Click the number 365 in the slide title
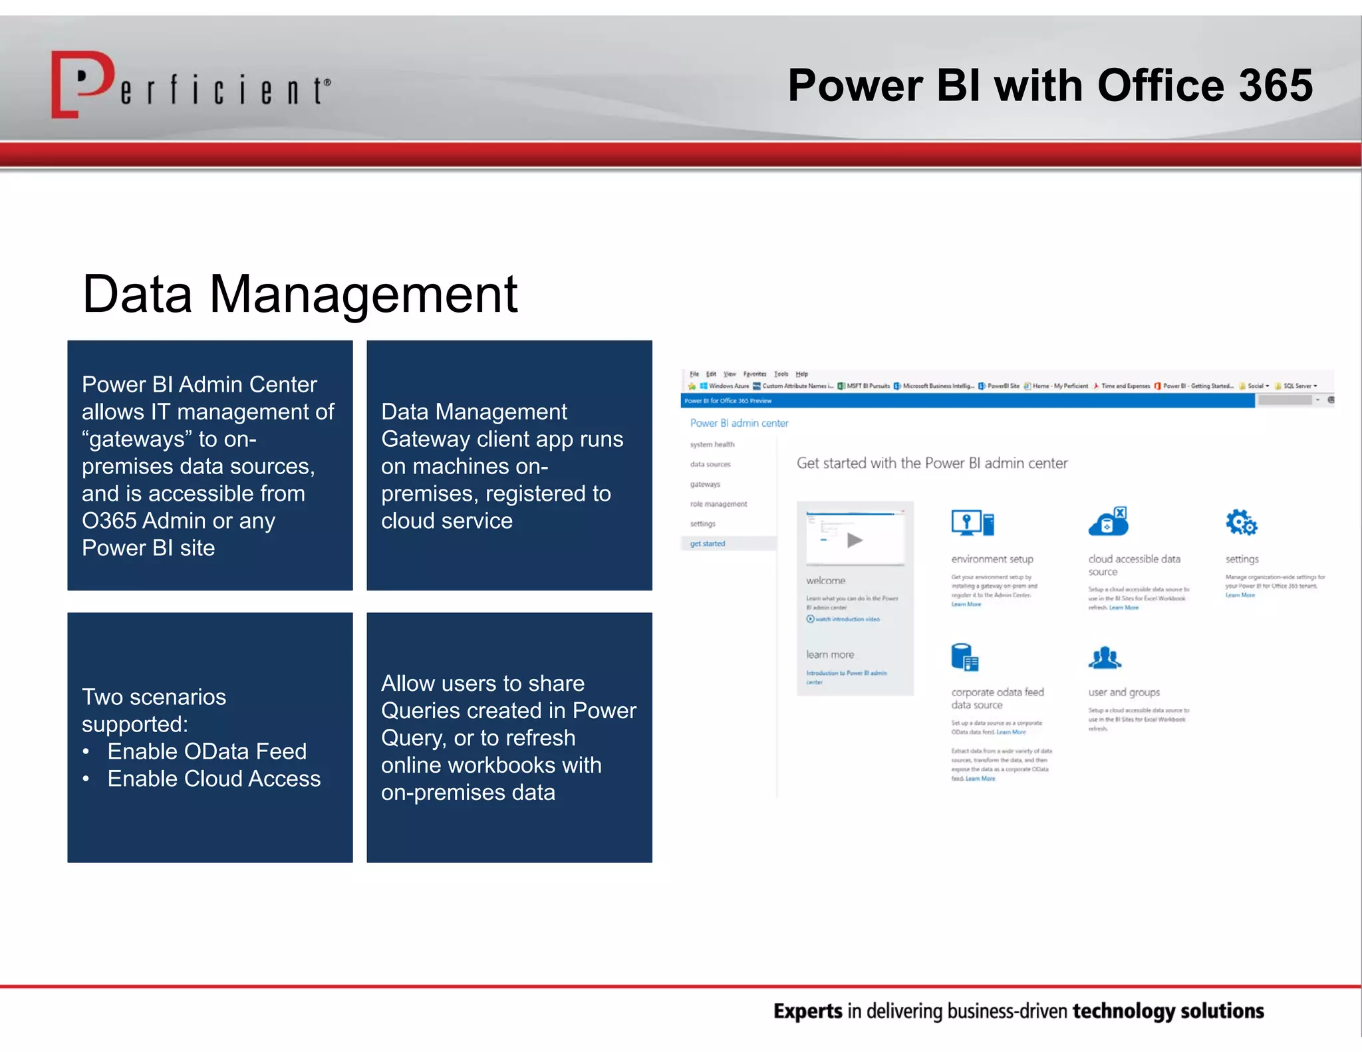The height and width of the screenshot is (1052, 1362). [x=1275, y=86]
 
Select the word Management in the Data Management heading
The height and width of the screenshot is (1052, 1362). [x=363, y=294]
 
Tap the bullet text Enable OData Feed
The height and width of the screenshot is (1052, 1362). [x=207, y=751]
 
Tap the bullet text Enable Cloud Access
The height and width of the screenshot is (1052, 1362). [x=213, y=779]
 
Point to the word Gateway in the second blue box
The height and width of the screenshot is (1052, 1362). [x=426, y=440]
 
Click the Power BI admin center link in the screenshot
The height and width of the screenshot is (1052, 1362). [x=739, y=423]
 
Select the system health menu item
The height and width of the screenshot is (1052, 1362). [x=712, y=444]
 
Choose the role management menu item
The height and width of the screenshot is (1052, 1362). [x=718, y=504]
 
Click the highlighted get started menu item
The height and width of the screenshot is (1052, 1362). [x=708, y=544]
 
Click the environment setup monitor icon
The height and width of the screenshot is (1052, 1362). [x=972, y=523]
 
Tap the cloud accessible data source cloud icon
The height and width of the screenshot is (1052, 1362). [x=1108, y=522]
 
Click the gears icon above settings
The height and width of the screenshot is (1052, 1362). [x=1241, y=523]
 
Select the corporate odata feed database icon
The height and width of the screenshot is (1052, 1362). [x=964, y=658]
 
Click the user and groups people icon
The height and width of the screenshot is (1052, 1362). [x=1105, y=658]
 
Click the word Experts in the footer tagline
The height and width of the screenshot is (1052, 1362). [x=807, y=1011]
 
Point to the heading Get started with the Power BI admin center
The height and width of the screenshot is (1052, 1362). [x=932, y=463]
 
